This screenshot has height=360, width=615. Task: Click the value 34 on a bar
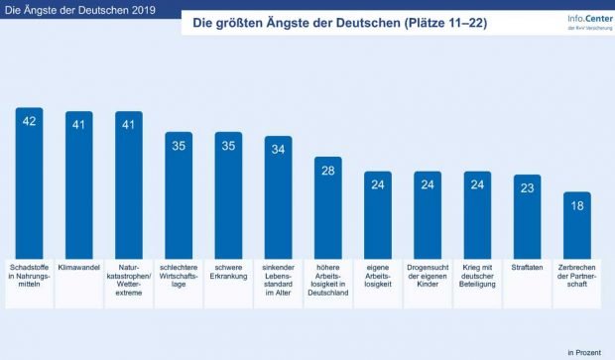[278, 150]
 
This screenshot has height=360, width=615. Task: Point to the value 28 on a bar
[328, 171]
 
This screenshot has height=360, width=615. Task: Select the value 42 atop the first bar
[30, 121]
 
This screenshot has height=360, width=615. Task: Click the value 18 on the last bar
[576, 206]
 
